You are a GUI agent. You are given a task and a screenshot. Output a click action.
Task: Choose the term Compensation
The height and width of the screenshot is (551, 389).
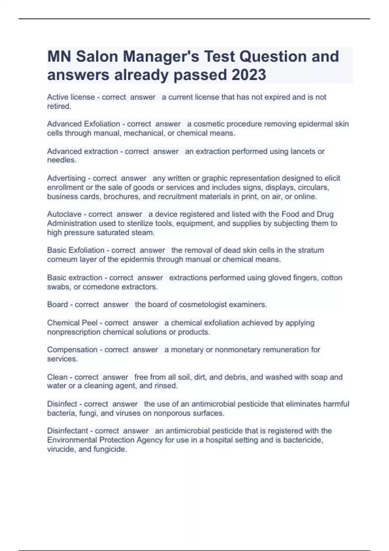point(72,350)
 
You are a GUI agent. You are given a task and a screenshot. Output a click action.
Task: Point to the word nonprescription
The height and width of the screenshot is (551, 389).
point(74,332)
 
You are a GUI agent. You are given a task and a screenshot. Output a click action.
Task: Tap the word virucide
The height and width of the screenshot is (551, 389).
point(61,449)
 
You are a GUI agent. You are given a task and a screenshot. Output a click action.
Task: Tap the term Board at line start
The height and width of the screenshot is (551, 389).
point(57,305)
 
